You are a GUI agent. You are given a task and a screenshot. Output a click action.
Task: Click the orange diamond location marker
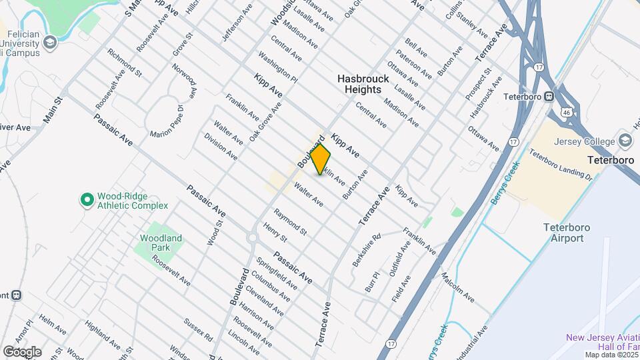(321, 159)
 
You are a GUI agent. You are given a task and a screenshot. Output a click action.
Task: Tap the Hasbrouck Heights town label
(359, 84)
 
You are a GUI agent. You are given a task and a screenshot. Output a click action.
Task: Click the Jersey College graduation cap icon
(625, 140)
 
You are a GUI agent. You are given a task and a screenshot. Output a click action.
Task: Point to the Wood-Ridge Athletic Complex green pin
(86, 199)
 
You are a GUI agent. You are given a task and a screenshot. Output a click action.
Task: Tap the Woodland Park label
(161, 243)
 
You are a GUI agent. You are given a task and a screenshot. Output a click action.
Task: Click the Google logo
(22, 352)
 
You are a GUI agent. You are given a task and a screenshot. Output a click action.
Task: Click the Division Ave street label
(221, 147)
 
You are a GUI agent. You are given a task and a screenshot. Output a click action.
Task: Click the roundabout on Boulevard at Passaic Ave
(253, 237)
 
